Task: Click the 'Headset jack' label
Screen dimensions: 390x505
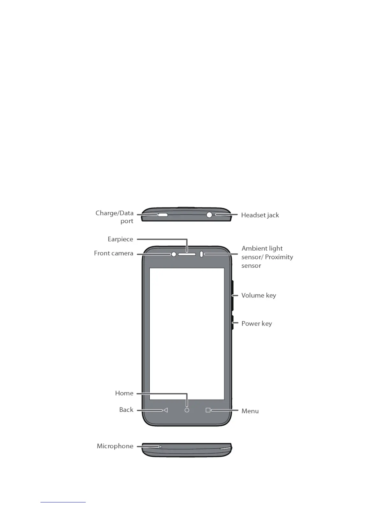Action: click(260, 215)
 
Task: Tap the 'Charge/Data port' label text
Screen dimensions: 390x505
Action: click(114, 217)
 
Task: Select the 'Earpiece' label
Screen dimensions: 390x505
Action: click(120, 239)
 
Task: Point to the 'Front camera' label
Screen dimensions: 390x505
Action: click(113, 253)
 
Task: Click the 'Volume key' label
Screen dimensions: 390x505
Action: click(258, 296)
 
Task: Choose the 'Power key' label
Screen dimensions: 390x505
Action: click(256, 324)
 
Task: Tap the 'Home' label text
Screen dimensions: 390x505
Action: click(124, 393)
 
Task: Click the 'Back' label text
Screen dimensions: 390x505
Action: click(126, 410)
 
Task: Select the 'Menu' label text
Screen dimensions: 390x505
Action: click(250, 411)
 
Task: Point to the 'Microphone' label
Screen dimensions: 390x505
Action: click(115, 446)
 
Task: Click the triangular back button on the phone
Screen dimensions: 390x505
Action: click(165, 410)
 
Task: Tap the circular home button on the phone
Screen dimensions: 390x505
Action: click(187, 410)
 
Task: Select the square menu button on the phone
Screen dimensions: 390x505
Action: click(208, 410)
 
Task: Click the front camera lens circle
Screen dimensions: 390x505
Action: click(174, 254)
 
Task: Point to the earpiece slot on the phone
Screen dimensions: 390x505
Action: click(187, 254)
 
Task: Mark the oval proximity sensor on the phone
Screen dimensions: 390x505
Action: click(201, 254)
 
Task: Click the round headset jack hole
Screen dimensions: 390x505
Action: click(209, 215)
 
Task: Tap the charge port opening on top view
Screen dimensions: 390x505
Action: click(163, 215)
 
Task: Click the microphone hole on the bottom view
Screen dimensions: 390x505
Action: click(161, 447)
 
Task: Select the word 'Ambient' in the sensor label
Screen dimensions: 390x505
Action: click(251, 248)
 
